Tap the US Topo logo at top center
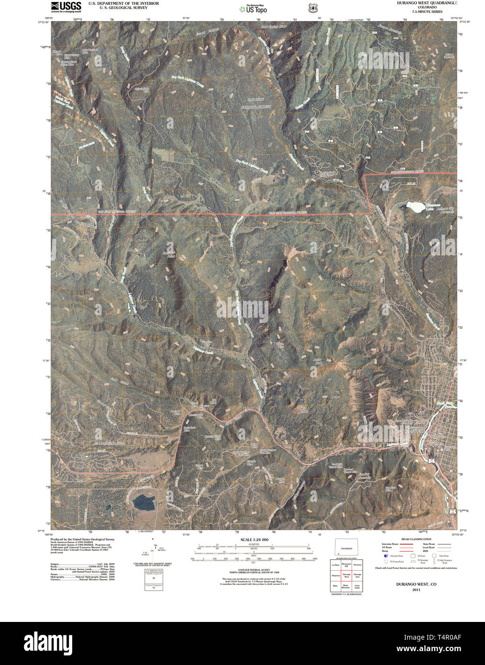[x=254, y=8]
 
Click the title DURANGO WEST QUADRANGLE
[x=427, y=3]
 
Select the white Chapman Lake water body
[x=415, y=206]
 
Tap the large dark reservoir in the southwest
[x=144, y=502]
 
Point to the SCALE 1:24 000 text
[x=254, y=540]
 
